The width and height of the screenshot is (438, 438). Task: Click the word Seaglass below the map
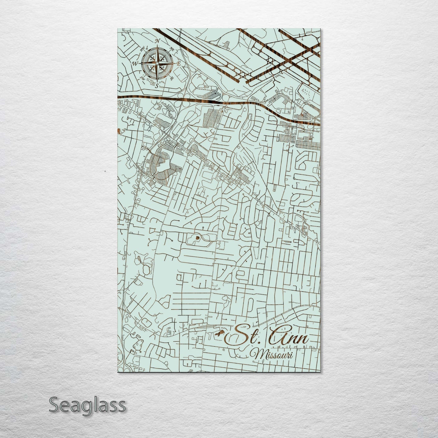pyautogui.click(x=87, y=405)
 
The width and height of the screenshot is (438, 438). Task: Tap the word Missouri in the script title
pyautogui.click(x=274, y=355)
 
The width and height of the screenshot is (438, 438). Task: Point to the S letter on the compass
pyautogui.click(x=157, y=86)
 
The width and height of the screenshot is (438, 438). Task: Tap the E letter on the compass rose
pyautogui.click(x=179, y=64)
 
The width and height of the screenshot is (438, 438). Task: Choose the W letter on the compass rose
pyautogui.click(x=135, y=63)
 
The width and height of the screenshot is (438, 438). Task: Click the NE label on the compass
pyautogui.click(x=172, y=48)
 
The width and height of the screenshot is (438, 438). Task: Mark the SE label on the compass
pyautogui.click(x=172, y=78)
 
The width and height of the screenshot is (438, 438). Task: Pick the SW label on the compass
pyautogui.click(x=142, y=78)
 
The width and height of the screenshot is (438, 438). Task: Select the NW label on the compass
pyautogui.click(x=142, y=48)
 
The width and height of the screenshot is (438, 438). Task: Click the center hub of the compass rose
pyautogui.click(x=157, y=63)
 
